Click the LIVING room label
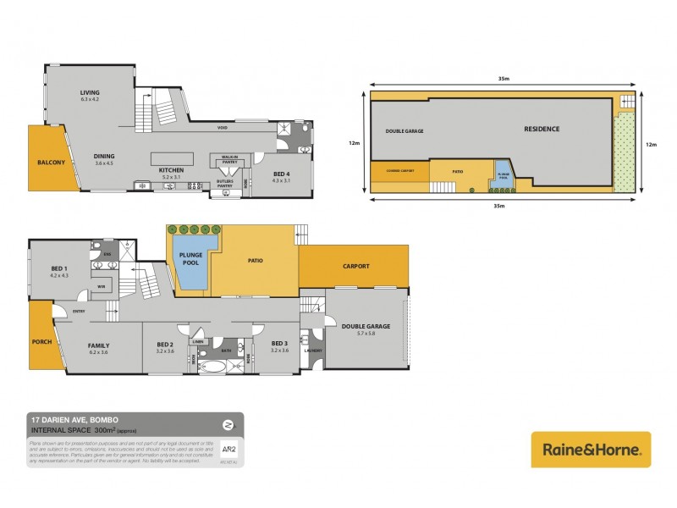click(90, 93)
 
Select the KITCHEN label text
click(172, 170)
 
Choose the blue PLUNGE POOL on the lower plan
click(187, 258)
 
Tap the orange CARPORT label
click(355, 266)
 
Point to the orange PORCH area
click(42, 342)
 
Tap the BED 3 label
click(279, 344)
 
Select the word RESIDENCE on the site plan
click(542, 129)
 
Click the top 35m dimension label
click(504, 79)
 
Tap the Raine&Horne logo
click(591, 450)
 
